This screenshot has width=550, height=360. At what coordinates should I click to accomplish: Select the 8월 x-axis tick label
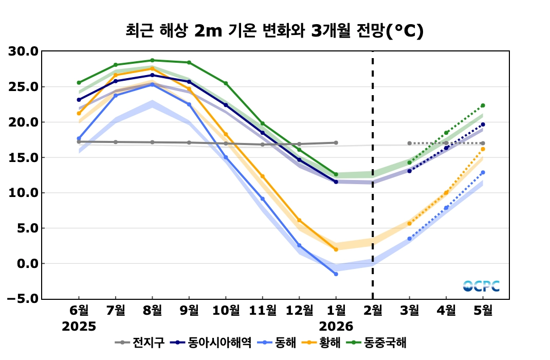[x=152, y=311]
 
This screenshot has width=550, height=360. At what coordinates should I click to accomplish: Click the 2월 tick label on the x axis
[x=373, y=311]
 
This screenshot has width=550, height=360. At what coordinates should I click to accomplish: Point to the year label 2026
[x=336, y=327]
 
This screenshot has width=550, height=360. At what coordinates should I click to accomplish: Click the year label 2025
[x=79, y=327]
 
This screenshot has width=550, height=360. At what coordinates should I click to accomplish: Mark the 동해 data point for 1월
[x=336, y=274]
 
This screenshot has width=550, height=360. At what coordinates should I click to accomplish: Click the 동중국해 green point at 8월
[x=152, y=60]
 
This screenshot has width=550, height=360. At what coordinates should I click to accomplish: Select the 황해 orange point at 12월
[x=299, y=220]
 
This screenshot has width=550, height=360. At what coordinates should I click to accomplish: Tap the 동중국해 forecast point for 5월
[x=483, y=105]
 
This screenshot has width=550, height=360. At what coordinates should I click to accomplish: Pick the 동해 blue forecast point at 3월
[x=410, y=239]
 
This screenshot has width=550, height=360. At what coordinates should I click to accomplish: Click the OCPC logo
[x=481, y=286]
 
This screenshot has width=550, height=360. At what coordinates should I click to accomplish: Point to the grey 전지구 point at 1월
[x=336, y=142]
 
